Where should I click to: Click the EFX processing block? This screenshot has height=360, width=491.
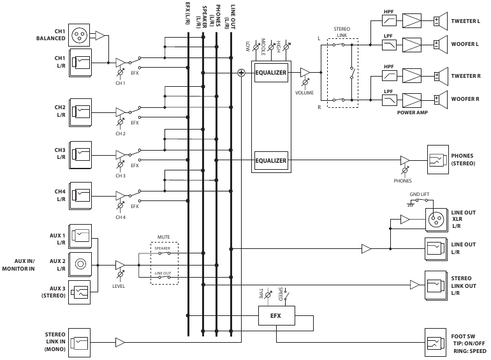[x=275, y=315]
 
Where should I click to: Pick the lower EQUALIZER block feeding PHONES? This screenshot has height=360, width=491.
[x=271, y=160]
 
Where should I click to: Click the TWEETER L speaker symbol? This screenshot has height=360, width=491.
[x=441, y=20]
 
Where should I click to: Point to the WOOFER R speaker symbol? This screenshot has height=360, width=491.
[x=441, y=99]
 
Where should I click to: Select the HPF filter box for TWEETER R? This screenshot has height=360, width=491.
[x=388, y=75]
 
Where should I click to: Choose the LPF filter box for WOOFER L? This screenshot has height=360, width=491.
[x=388, y=45]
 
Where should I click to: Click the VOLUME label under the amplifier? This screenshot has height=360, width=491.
[x=304, y=93]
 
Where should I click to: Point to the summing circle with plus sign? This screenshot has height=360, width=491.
[x=241, y=73]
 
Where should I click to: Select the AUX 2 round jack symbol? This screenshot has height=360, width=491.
[x=80, y=262]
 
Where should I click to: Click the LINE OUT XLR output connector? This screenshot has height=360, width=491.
[x=436, y=220]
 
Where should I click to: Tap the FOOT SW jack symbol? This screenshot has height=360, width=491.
[x=436, y=343]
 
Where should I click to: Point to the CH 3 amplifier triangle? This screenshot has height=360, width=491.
[x=121, y=155]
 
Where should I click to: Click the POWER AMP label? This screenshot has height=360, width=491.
[x=412, y=112]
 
